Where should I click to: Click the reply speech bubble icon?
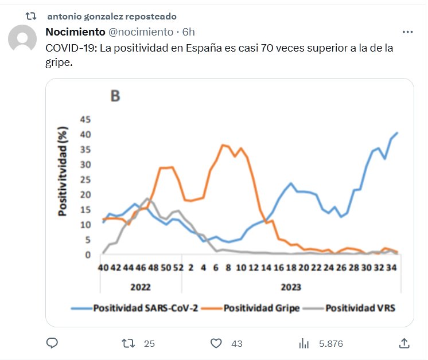[52, 343]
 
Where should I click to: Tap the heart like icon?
[216, 343]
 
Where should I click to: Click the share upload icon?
[404, 343]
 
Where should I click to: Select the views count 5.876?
[330, 344]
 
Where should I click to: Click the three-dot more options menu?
[408, 32]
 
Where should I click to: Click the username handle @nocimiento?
[141, 32]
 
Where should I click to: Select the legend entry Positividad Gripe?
[262, 308]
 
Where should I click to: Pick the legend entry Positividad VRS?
[360, 308]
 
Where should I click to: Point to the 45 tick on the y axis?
[85, 119]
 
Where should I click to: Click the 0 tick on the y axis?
[88, 255]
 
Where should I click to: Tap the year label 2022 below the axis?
[141, 286]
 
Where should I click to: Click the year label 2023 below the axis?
[290, 286]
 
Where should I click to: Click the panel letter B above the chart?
[115, 96]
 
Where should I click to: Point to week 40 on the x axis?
[104, 267]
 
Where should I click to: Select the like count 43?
[236, 344]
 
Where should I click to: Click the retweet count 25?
[149, 344]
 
